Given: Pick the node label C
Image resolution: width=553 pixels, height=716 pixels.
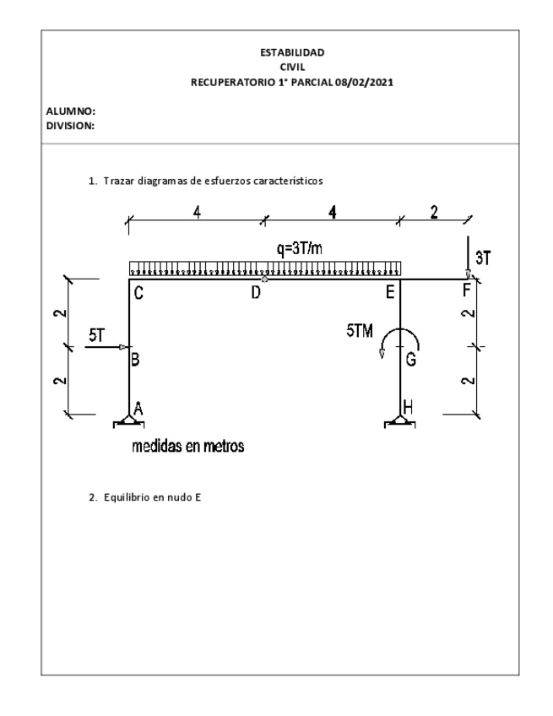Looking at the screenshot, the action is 138,295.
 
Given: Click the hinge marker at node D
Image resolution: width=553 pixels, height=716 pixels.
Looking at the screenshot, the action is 265,279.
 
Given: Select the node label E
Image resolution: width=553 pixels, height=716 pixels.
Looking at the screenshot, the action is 390,295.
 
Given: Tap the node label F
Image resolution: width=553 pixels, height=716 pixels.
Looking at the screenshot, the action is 468,294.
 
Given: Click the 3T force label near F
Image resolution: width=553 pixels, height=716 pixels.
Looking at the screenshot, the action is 483,258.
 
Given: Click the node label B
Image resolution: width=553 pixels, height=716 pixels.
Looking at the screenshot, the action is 135,359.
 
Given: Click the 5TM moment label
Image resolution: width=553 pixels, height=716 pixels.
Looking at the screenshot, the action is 361,332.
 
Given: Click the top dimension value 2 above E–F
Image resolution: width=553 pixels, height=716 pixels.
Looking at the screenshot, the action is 434,212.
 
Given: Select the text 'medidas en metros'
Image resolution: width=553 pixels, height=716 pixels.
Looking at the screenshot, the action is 187,447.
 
